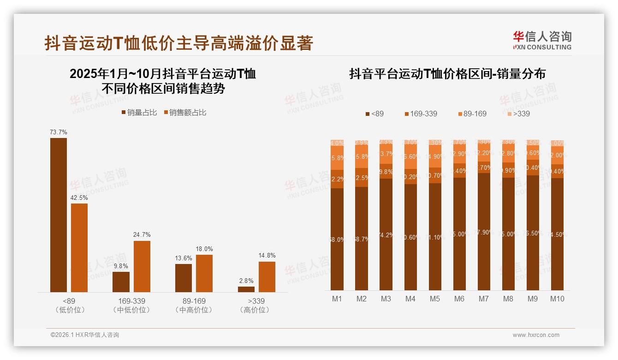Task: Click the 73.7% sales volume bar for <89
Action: click(x=59, y=215)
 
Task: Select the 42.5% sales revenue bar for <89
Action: click(x=79, y=247)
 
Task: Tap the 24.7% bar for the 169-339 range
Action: click(x=142, y=266)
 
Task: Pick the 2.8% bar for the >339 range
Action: click(x=246, y=289)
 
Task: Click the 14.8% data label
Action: click(x=267, y=256)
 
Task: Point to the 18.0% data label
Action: click(x=204, y=249)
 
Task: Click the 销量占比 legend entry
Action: click(x=139, y=113)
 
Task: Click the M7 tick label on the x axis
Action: click(x=483, y=299)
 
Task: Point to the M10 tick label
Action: click(x=557, y=299)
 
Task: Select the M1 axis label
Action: click(x=337, y=299)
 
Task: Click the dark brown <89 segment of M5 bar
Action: click(x=435, y=236)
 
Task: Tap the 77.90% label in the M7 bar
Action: click(x=483, y=232)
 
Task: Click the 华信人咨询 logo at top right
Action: click(x=542, y=40)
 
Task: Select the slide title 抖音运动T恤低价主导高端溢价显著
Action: click(x=179, y=43)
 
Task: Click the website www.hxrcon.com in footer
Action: click(x=536, y=335)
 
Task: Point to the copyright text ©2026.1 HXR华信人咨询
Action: click(x=85, y=335)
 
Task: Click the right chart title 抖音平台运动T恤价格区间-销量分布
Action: click(x=447, y=74)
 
